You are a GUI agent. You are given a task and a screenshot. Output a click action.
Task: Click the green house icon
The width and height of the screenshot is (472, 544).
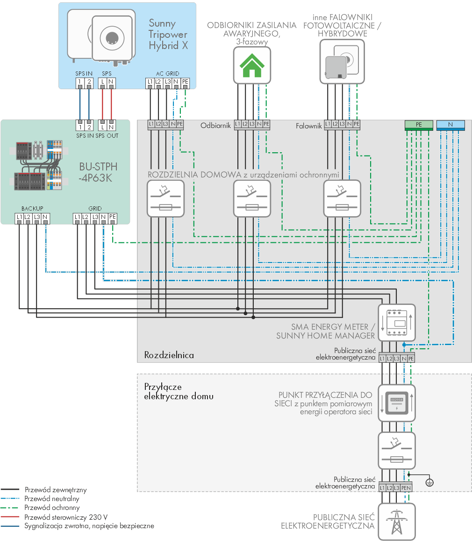point(252,65)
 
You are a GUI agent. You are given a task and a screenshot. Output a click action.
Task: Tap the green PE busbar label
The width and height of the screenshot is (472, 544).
point(419,125)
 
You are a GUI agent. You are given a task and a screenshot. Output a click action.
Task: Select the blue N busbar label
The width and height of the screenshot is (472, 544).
point(451,125)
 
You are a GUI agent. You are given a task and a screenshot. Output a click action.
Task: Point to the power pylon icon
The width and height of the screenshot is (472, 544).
point(397,522)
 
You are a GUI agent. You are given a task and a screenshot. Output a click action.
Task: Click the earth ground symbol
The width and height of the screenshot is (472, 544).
point(429,482)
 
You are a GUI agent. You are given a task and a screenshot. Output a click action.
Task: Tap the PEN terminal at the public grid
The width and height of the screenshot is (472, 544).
point(406,488)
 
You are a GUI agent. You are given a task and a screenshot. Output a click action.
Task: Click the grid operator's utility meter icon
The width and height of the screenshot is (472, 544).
point(397,403)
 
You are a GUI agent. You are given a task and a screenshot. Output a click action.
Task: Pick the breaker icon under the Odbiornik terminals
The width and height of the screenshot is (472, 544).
point(252,199)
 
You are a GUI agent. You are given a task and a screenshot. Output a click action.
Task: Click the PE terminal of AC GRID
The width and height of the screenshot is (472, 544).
point(185,82)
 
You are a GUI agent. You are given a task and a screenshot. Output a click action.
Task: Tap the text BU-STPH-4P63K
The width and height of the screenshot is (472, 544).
point(98,172)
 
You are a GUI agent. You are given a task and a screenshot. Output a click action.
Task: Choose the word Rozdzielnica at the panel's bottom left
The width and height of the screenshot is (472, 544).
point(169,355)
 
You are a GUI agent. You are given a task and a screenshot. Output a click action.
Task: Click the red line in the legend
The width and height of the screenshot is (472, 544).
point(10,517)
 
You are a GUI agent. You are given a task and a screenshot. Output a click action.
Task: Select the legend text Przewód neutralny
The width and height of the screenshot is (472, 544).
point(52,499)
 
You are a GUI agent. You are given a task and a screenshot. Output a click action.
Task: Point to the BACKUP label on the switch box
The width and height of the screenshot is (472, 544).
point(32,209)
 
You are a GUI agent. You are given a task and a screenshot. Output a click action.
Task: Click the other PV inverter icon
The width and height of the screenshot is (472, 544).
point(342,62)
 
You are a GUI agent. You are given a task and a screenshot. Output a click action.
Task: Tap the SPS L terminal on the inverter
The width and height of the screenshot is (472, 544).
point(102,82)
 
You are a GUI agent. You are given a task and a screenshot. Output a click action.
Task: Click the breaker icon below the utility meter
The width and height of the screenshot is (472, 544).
point(397,451)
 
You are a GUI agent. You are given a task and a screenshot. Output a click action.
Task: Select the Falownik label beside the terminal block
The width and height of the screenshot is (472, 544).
point(309,126)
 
